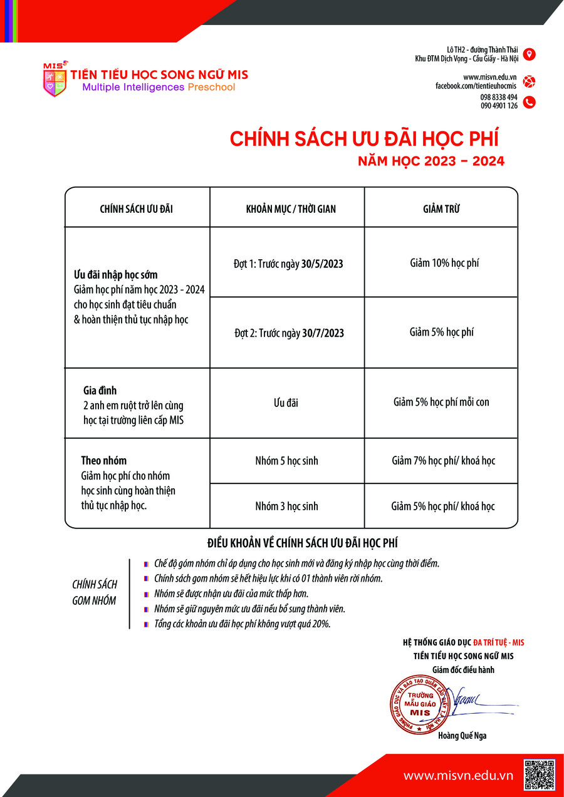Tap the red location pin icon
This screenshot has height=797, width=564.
pos(529,54)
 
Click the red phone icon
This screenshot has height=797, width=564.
pos(529,101)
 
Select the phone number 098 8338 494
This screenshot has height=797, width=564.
pos(499,97)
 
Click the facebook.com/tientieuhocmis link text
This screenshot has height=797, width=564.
pos(476,85)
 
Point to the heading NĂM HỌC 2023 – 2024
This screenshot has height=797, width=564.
pos(431,162)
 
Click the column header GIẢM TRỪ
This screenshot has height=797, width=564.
pos(441,209)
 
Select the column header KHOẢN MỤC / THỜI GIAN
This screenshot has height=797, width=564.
pos(287,209)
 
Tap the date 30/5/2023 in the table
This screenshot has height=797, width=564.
pos(322,264)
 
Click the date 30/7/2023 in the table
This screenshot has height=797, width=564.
pos(323,333)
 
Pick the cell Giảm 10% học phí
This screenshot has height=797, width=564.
pos(444,263)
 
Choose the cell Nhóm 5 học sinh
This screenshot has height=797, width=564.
pos(286,461)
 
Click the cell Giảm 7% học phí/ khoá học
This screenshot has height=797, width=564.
pos(443,461)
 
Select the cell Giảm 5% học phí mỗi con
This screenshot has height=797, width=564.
pos(441,402)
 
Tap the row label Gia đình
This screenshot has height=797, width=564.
pos(100,391)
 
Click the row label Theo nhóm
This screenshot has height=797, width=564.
pos(104,461)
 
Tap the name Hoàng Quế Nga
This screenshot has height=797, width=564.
pos(462,736)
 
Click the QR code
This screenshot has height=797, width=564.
pos(540,774)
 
